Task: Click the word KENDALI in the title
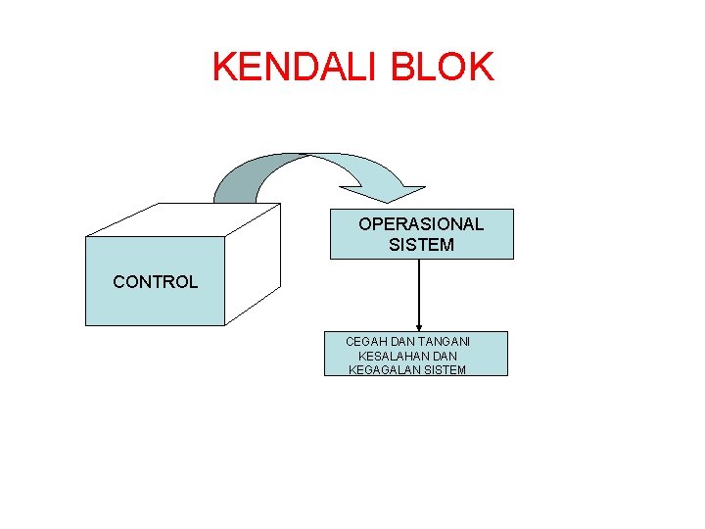[x=295, y=67]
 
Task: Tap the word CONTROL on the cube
[x=155, y=282]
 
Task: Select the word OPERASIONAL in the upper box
[x=421, y=223]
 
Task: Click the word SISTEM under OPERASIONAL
[x=421, y=245]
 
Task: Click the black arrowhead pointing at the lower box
[x=419, y=326]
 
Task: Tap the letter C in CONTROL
[x=118, y=282]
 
